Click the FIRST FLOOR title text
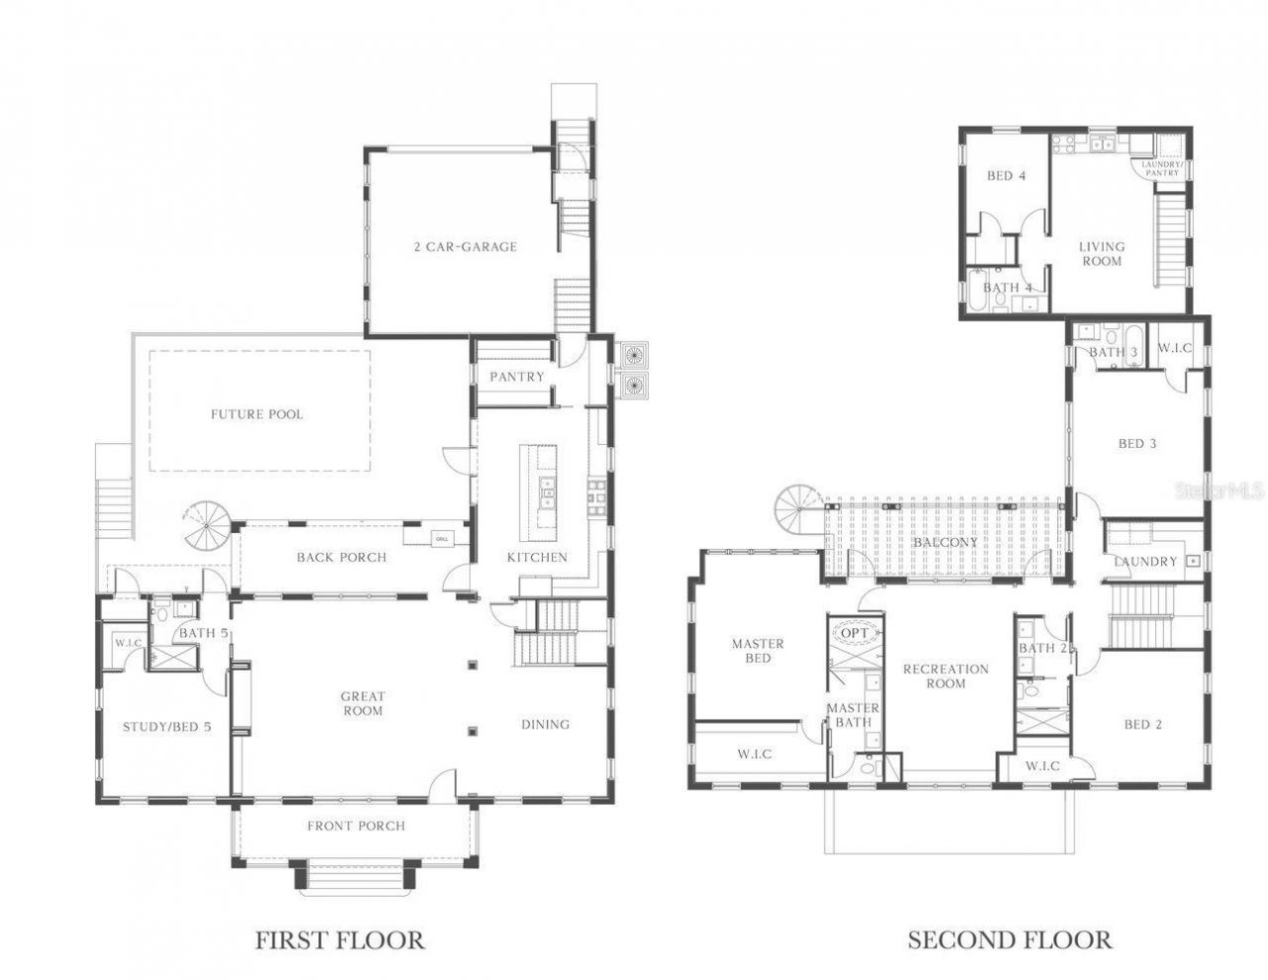point(340,939)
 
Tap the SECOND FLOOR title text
point(1009,939)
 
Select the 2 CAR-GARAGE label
point(465,247)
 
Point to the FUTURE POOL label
point(257,414)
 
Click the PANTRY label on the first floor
point(517,377)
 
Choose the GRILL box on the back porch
point(441,539)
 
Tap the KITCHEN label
point(537,557)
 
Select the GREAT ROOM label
point(363,704)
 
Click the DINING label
point(545,724)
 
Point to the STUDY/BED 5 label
point(166,726)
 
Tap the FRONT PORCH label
point(356,825)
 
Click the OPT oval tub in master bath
point(854,632)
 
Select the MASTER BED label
point(758,651)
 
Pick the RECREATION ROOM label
point(945,676)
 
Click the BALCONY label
point(945,542)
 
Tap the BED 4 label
point(1005,175)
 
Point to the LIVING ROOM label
point(1102,254)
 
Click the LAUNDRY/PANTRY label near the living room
point(1162,168)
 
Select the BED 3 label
point(1137,443)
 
